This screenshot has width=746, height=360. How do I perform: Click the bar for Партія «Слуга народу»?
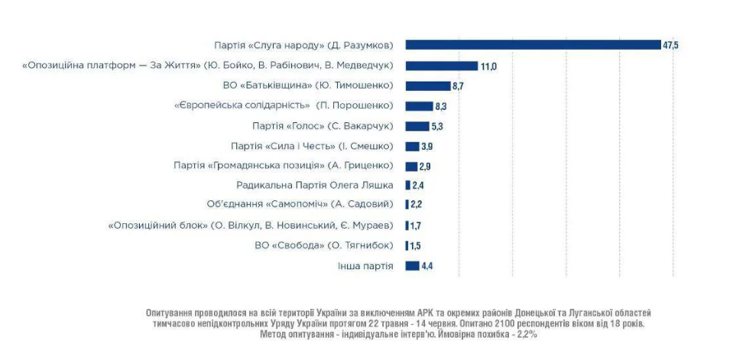pos(533,45)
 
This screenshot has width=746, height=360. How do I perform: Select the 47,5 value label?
pos(670,46)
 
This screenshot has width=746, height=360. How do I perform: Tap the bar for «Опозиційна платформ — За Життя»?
pos(441,66)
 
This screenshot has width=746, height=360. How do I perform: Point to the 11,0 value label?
pos(489,66)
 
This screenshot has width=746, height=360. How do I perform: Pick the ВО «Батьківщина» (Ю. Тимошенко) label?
pos(323,86)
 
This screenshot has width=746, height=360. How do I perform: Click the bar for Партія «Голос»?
pos(417,126)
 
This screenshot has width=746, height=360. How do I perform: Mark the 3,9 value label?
pos(427,146)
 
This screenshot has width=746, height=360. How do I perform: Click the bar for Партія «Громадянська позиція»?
pos(412,166)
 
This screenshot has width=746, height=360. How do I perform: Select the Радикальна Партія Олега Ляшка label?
pos(315,185)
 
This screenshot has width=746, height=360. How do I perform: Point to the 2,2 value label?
pos(417,205)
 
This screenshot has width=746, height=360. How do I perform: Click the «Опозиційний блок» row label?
pos(251,225)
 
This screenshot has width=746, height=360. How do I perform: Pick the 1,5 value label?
pos(415,245)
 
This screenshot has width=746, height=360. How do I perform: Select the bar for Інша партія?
pos(413,265)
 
